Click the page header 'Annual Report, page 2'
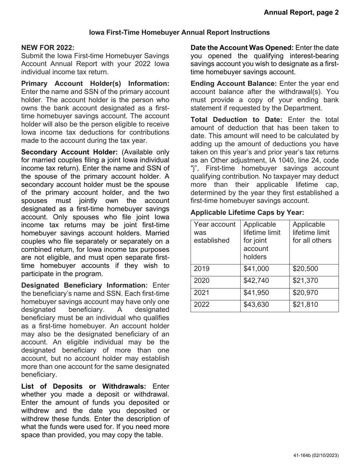pyautogui.click(x=301, y=13)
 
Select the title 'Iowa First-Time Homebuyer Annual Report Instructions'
pyautogui.click(x=180, y=33)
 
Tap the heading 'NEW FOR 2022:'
pyautogui.click(x=48, y=47)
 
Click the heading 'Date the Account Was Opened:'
pyautogui.click(x=242, y=48)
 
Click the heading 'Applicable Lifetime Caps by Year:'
pyautogui.click(x=247, y=213)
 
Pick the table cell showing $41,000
pyautogui.click(x=256, y=269)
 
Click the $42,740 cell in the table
pyautogui.click(x=256, y=281)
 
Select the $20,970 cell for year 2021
pyautogui.click(x=305, y=293)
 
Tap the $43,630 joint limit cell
pyautogui.click(x=256, y=305)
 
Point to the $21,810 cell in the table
pyautogui.click(x=305, y=305)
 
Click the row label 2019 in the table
pyautogui.click(x=202, y=269)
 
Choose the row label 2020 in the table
pyautogui.click(x=202, y=281)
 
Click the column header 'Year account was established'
pyautogui.click(x=214, y=233)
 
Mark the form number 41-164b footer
pyautogui.click(x=316, y=455)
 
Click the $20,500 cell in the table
pyautogui.click(x=305, y=269)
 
